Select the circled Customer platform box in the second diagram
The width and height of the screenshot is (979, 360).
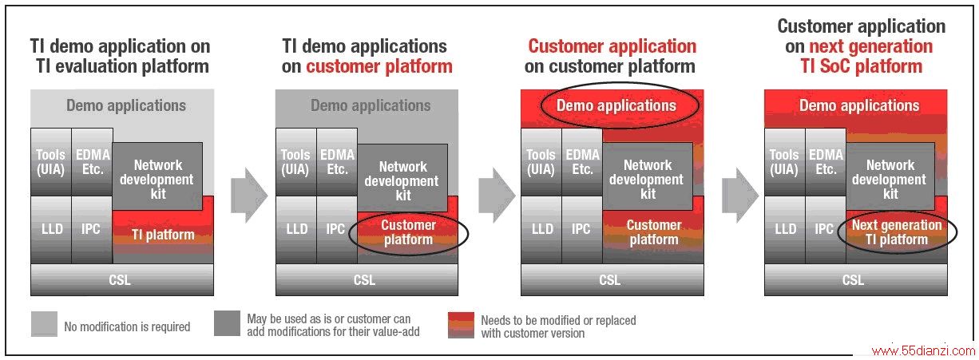(408, 233)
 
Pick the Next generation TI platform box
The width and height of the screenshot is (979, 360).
(897, 232)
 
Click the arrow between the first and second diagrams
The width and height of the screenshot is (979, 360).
(248, 195)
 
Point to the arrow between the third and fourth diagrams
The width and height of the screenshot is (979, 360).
(740, 195)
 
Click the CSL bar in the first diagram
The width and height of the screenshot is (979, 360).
(122, 279)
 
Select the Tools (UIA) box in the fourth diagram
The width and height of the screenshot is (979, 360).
(784, 162)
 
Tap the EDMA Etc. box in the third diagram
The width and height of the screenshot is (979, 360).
(582, 162)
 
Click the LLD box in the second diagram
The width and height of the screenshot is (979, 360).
(296, 230)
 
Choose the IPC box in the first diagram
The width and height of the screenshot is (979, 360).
(92, 230)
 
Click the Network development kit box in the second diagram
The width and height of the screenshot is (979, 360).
(402, 178)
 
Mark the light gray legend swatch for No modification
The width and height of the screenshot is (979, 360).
(44, 324)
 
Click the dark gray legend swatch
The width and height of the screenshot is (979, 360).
(227, 323)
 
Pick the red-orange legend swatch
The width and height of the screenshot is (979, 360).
(461, 325)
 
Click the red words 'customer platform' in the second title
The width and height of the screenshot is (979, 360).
(379, 67)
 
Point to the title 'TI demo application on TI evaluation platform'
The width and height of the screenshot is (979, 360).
(121, 57)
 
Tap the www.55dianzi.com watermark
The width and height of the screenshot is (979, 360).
(923, 350)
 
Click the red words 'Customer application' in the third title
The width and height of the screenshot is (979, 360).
(612, 46)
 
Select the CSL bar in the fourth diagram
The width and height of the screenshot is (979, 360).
(856, 279)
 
